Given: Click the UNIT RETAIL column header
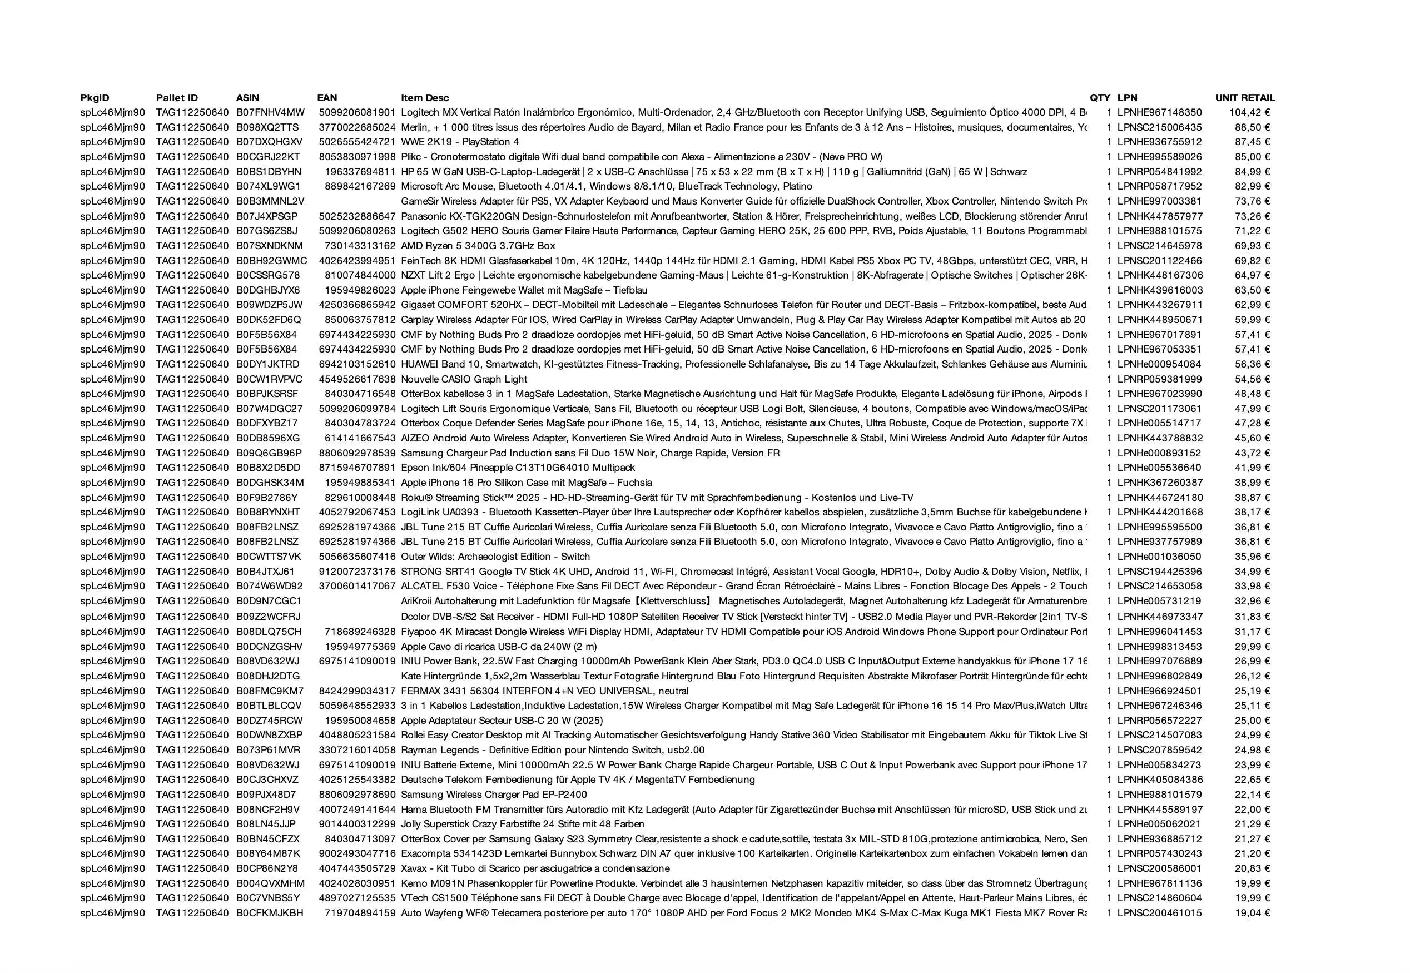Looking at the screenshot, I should [x=1244, y=97].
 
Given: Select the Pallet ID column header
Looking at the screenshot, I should [x=177, y=97].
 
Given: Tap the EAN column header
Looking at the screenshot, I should [x=327, y=97].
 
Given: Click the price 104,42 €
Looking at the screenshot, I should [x=1249, y=112].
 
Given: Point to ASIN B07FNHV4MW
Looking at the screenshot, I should [x=270, y=112].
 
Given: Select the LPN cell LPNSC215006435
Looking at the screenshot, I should [x=1159, y=127].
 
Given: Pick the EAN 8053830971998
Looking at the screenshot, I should [x=357, y=157].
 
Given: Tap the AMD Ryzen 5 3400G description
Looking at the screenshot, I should [x=478, y=246].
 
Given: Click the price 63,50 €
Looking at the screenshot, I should [x=1252, y=290].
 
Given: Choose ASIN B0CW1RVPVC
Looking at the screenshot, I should [x=269, y=379].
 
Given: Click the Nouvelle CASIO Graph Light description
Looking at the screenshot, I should [x=464, y=379].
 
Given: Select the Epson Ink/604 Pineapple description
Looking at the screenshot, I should [x=518, y=468].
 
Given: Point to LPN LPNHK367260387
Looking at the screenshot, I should [x=1159, y=483].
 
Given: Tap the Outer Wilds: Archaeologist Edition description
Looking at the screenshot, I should [x=495, y=557].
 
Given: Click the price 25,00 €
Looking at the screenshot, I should [x=1252, y=721].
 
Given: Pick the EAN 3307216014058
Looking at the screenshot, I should [x=357, y=750].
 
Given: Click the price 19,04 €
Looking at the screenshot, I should [x=1252, y=912].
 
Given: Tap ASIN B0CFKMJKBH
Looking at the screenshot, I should [x=270, y=912].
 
